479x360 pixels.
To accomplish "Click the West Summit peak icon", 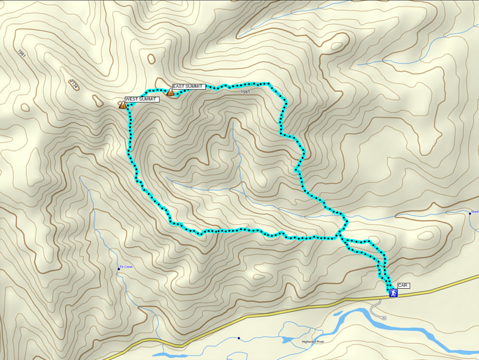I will [x=123, y=105].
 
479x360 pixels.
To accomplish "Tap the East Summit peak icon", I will [x=170, y=92].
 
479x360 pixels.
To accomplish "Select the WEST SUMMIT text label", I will [x=142, y=99].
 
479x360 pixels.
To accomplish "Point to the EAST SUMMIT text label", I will [x=188, y=87].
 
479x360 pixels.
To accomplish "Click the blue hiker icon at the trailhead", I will [x=393, y=293].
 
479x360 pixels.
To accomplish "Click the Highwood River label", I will [x=313, y=341].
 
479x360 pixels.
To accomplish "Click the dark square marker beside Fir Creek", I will [x=119, y=269].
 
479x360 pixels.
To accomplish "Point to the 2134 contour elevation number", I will [x=73, y=84].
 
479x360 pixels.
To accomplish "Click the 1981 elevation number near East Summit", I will [x=245, y=92].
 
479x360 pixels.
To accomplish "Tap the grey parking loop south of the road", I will [x=375, y=309].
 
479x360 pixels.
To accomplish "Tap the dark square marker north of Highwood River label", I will [x=239, y=338].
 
